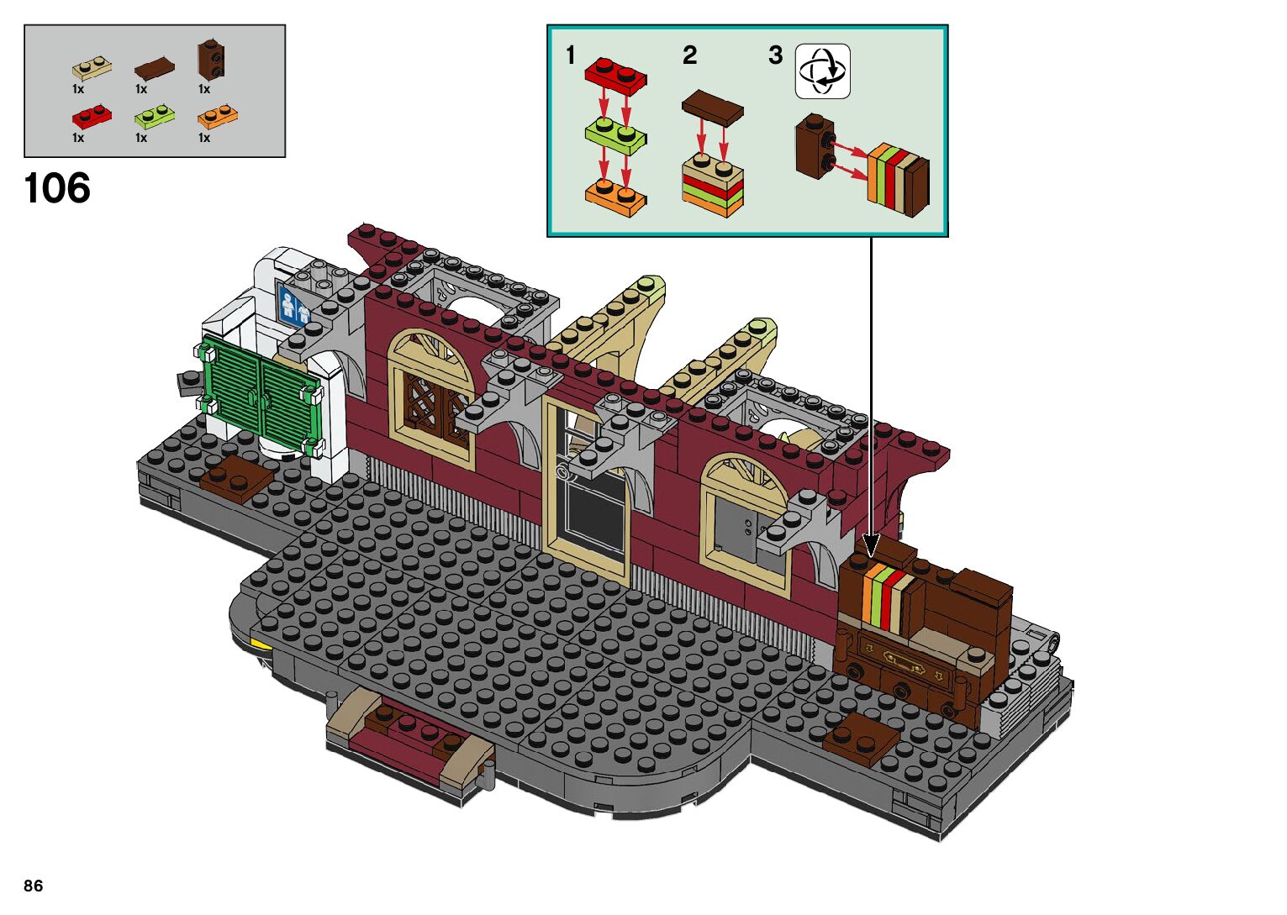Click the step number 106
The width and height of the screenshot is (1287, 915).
57,188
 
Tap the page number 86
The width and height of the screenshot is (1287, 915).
34,886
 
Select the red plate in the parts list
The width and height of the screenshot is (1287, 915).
92,116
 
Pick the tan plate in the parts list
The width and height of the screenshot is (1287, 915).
92,68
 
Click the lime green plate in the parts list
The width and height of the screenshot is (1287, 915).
155,116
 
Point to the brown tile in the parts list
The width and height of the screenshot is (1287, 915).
155,67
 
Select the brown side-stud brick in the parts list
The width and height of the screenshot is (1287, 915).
210,59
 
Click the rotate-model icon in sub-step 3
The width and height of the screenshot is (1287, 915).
822,71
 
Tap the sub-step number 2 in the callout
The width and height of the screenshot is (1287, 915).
689,55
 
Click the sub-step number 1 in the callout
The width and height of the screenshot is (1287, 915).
571,55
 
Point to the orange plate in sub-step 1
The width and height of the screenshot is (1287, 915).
615,195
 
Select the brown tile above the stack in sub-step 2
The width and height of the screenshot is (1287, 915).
713,108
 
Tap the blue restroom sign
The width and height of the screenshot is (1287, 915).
293,304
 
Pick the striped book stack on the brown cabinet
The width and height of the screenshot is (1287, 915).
888,598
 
